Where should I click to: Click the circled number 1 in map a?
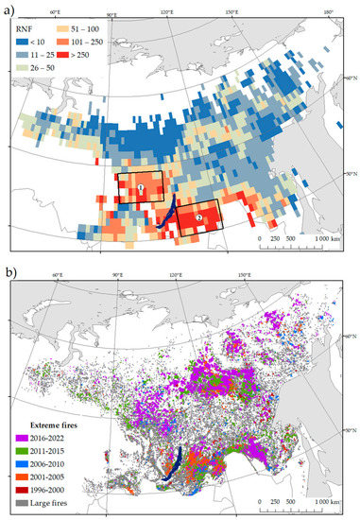coord(140,189)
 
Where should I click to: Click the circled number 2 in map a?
coord(198,218)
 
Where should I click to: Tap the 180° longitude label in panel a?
coord(328,12)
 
